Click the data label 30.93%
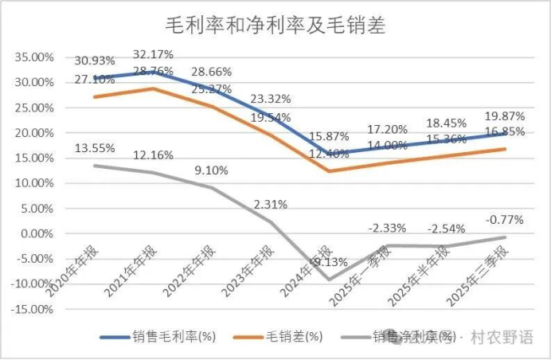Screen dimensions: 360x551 pos(96,61)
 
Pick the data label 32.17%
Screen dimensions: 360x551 pos(154,54)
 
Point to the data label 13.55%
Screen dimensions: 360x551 pos(96,148)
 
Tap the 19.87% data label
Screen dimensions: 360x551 pos(504,116)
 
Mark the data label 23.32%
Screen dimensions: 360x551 pos(271,100)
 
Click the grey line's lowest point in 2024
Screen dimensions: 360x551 pos(330,280)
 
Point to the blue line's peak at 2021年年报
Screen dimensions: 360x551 pos(154,72)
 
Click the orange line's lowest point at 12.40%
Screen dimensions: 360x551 pos(330,171)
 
